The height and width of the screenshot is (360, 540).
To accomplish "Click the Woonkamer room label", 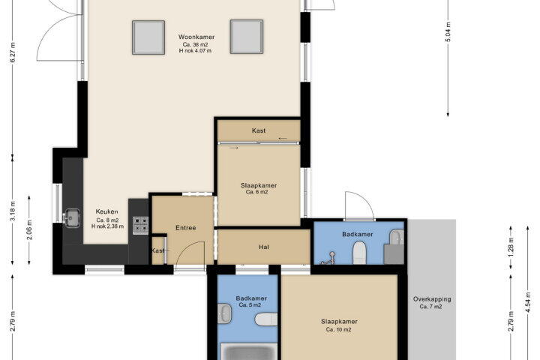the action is click(196, 37).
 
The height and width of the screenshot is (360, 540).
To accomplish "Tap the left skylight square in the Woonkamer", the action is click(148, 37).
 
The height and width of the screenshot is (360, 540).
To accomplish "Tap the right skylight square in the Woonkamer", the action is click(247, 37).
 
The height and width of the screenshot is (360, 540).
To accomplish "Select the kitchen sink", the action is click(72, 218).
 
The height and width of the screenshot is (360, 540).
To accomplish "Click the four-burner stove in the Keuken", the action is click(140, 225).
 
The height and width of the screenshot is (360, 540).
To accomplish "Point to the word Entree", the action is click(186, 228).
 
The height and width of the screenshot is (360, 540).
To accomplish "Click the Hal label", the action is click(264, 247).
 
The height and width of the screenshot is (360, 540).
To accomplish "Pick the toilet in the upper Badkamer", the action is click(359, 253).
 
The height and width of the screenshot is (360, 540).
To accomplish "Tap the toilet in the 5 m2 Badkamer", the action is click(265, 319).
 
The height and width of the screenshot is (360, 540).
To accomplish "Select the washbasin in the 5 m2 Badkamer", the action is click(224, 313).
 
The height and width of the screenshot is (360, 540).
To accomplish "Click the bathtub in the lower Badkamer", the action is click(248, 352).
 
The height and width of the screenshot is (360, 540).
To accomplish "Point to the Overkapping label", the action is click(432, 299).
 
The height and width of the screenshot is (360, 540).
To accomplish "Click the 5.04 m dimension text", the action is click(448, 31).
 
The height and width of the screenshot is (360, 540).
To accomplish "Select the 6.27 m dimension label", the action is click(13, 52).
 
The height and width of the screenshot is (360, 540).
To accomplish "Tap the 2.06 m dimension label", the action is click(29, 230).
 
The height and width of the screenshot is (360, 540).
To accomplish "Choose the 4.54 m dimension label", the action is click(527, 301).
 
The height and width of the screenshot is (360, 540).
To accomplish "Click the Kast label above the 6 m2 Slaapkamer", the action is click(259, 130).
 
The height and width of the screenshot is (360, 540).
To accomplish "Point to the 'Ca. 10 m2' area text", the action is click(338, 329).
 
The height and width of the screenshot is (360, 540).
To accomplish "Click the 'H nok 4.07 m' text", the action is click(195, 51).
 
